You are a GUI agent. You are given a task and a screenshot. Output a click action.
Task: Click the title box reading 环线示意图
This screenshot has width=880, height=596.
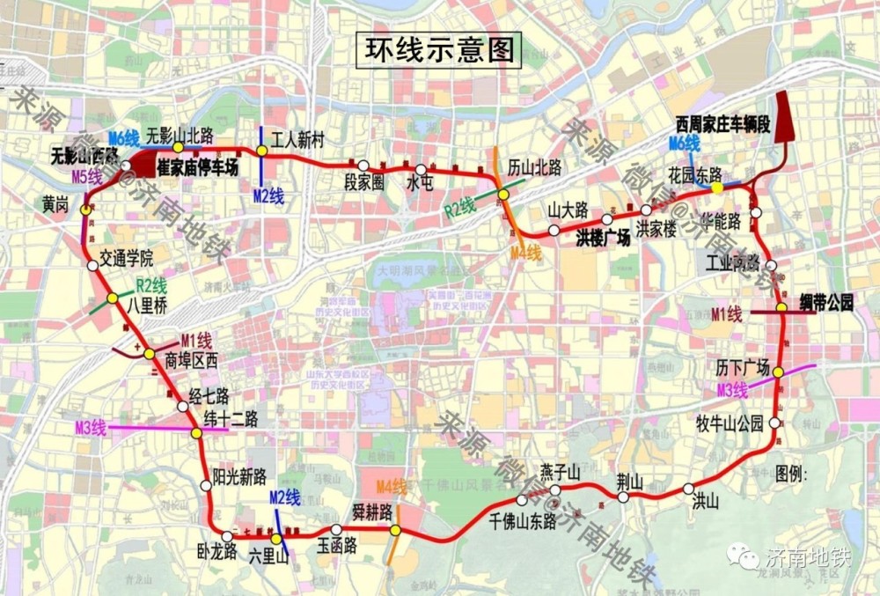(437, 49)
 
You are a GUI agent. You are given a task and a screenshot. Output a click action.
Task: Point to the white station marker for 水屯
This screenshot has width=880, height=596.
(421, 170)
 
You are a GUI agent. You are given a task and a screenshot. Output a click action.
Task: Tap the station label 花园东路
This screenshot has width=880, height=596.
(695, 173)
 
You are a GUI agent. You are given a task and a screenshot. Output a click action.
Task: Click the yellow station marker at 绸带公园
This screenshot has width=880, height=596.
(781, 308)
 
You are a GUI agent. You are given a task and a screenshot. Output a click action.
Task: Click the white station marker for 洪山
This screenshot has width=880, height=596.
(688, 489)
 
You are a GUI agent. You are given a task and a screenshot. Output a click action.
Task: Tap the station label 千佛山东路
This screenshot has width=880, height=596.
(523, 521)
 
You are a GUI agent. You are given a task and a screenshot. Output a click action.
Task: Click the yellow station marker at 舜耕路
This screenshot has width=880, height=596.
(396, 531)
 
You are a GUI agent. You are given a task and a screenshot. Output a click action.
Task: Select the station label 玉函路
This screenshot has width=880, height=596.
(336, 547)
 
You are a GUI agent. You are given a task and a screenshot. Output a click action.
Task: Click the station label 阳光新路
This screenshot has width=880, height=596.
(239, 477)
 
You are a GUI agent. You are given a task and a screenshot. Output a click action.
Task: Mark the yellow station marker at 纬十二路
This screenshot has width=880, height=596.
(197, 433)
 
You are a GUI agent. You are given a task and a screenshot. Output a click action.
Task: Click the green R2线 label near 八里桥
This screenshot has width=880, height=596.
(151, 285)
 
